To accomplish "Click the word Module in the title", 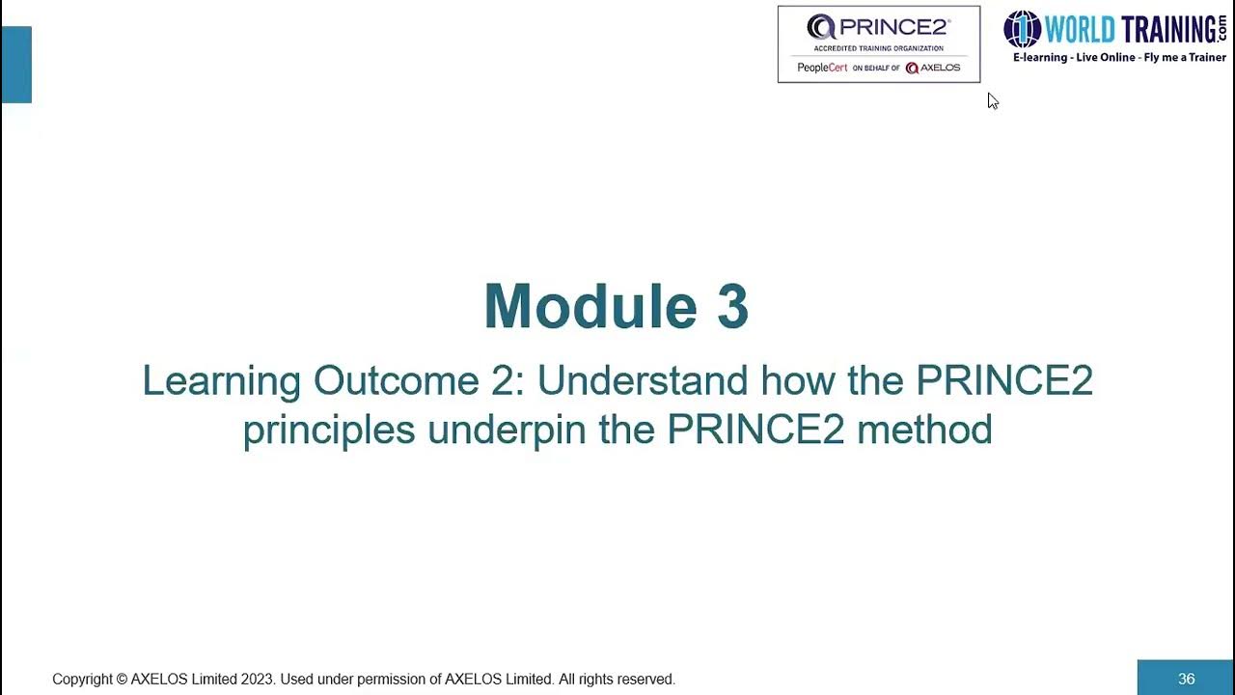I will click(x=590, y=307).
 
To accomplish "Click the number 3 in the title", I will click(x=732, y=307).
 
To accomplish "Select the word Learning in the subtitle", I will click(x=221, y=381).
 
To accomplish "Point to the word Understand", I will click(x=642, y=380).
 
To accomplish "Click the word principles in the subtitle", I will click(x=328, y=430).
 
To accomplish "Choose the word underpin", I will click(x=507, y=430).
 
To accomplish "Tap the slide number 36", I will click(x=1186, y=679).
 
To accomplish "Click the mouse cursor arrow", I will click(x=992, y=100).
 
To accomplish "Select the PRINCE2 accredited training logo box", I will click(x=878, y=44).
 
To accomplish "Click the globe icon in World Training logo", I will click(x=1022, y=29).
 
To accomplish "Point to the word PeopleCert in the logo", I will click(x=822, y=68).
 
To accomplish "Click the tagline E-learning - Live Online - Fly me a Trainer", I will click(x=1118, y=58).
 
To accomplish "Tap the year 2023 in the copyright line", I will click(x=257, y=680).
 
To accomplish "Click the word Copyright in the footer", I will click(x=82, y=680).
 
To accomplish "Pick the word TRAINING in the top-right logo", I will click(x=1166, y=30).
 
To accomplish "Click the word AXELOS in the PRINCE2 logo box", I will click(x=940, y=68).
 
